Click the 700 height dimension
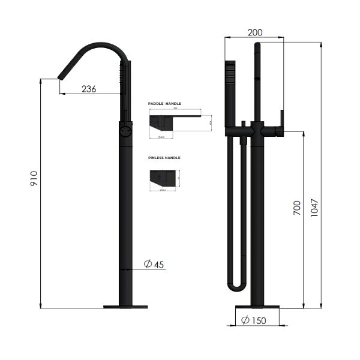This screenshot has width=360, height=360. [x=296, y=208]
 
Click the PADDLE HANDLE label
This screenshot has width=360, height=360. [x=164, y=104]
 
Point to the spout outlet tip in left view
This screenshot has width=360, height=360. [x=60, y=76]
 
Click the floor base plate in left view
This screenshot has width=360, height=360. [x=125, y=307]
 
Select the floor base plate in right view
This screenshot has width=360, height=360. [x=257, y=307]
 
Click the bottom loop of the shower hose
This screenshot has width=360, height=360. [x=236, y=287]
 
